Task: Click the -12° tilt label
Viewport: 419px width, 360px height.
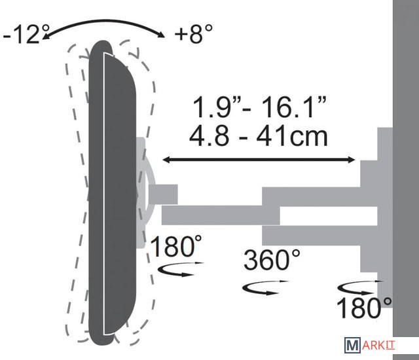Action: [26, 34]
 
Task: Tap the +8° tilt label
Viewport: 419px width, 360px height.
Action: [194, 33]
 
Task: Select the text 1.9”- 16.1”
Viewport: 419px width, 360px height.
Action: [259, 107]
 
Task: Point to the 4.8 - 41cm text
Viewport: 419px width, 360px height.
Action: [258, 136]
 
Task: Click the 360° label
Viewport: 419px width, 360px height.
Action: [272, 260]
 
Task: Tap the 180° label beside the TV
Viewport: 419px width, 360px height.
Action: [176, 246]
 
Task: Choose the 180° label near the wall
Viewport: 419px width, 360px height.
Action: [364, 308]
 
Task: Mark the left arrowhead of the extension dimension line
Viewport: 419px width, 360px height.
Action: [166, 160]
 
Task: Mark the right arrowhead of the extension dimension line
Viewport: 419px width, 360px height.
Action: [352, 160]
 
